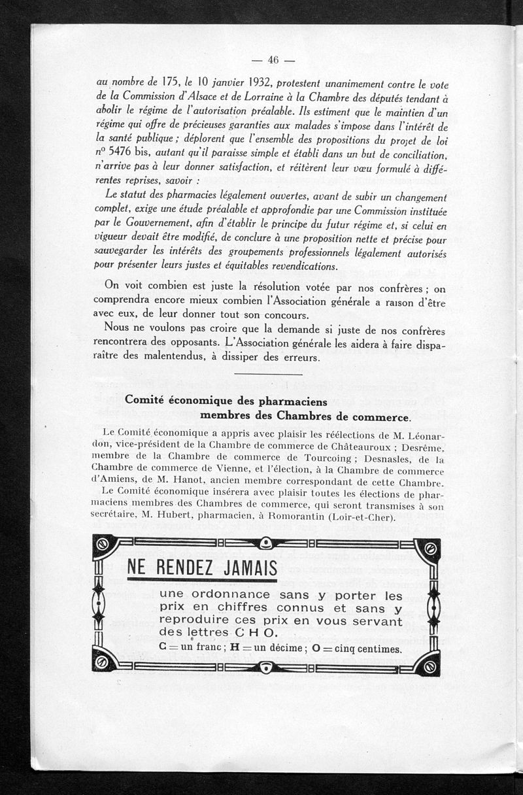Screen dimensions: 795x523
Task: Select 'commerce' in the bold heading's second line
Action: pyautogui.click(x=379, y=416)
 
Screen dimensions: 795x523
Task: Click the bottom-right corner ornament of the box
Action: pyautogui.click(x=430, y=666)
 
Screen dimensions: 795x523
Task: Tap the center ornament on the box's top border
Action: pyautogui.click(x=266, y=544)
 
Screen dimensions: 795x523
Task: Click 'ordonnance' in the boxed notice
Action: pyautogui.click(x=229, y=595)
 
